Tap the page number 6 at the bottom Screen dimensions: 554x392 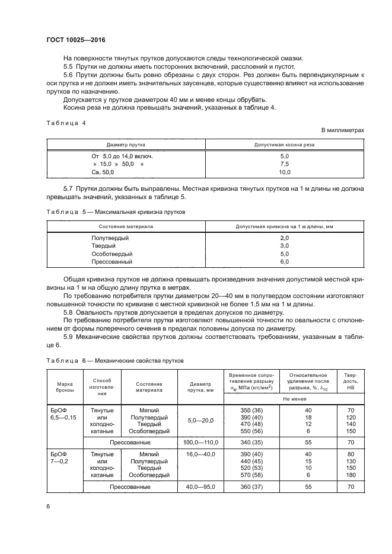48,507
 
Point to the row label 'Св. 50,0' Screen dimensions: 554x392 102,172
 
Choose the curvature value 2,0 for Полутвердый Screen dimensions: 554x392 284,238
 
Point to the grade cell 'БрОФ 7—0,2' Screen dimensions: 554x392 60,456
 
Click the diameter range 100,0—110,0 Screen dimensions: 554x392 200,442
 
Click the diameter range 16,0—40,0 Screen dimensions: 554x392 200,453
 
